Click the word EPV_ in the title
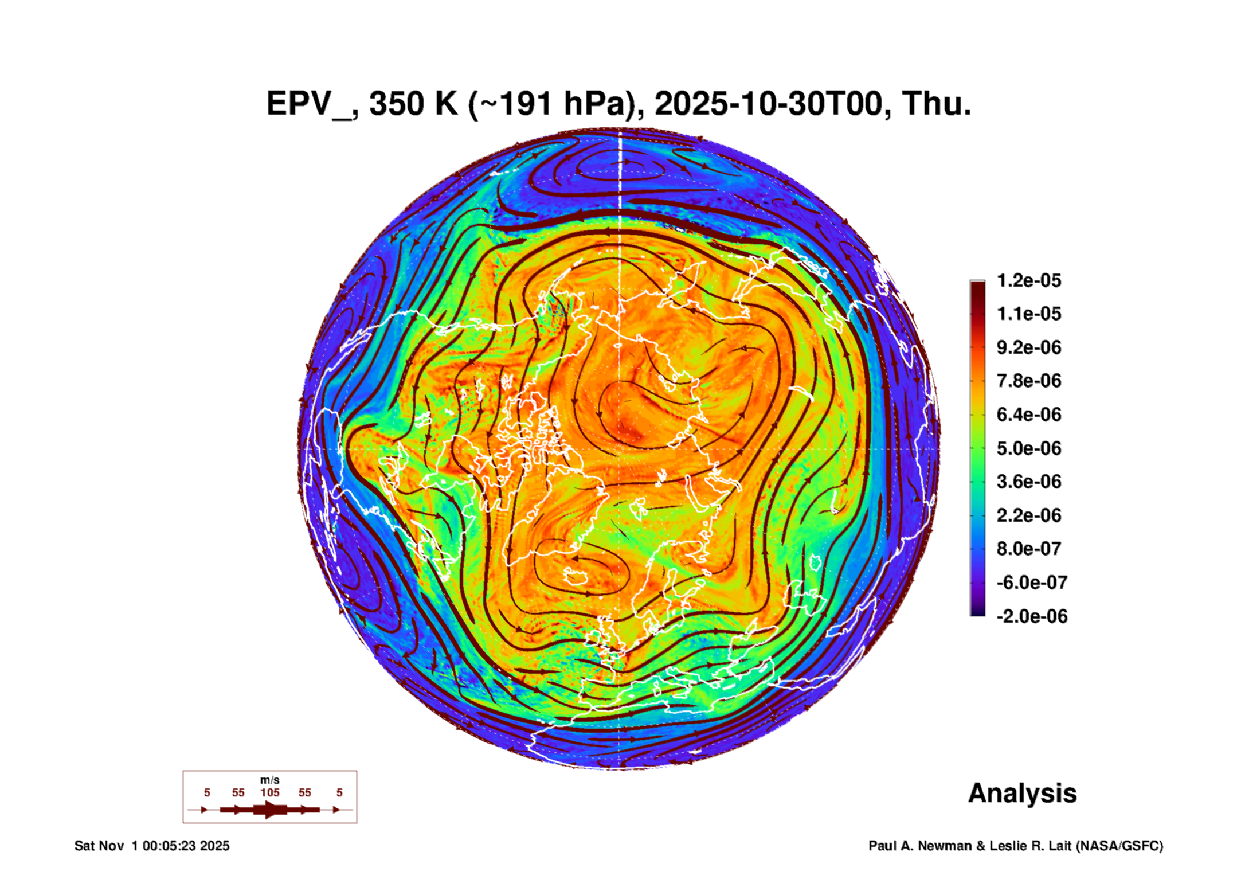309,104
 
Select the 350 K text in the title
413,104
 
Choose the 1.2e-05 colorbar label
1028,280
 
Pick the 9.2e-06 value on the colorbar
1028,347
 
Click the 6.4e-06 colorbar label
1028,415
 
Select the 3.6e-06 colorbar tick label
1028,482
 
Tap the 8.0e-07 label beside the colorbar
1028,549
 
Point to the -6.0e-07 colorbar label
1031,583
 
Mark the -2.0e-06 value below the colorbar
1031,616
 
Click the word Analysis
1022,793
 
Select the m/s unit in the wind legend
269,780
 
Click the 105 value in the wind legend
269,792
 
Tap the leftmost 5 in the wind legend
207,792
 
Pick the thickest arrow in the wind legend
269,810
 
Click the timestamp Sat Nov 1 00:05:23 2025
152,846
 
